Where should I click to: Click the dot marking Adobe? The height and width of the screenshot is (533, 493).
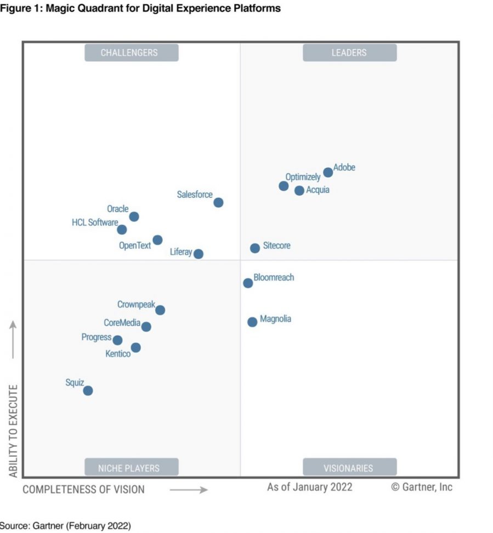328,172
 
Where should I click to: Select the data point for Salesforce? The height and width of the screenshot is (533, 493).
218,202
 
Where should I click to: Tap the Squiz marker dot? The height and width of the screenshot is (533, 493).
88,390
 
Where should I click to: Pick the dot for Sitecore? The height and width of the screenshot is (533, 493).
255,248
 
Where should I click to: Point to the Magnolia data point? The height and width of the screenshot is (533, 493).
252,322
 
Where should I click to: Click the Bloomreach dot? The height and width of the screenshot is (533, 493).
248,283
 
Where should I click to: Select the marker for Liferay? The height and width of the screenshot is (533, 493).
199,254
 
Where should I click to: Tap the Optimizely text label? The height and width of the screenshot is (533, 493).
303,177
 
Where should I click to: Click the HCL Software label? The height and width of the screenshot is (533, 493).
95,223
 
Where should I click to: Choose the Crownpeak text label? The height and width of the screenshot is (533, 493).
136,304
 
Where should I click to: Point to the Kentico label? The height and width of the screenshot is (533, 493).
118,354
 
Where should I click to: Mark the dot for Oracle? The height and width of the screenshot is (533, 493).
134,217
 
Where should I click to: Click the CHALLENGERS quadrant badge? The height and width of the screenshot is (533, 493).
131,53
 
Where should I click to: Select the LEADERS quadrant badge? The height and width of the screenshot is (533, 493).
349,53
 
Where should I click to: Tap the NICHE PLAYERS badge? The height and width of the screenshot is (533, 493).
131,468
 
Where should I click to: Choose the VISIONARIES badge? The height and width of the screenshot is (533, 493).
349,468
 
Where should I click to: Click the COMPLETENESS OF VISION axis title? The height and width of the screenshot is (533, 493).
83,489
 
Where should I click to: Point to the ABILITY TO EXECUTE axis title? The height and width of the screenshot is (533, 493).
14,430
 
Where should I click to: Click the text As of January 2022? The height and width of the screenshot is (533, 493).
310,487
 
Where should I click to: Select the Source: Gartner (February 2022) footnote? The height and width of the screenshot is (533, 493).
65,526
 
